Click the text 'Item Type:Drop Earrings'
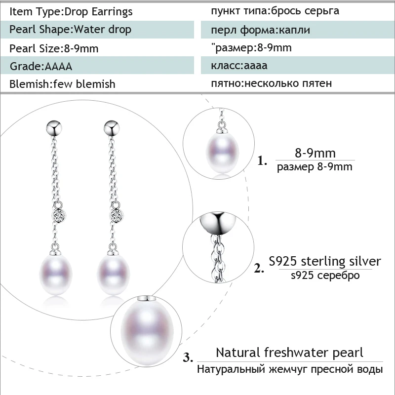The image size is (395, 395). pos(71,11)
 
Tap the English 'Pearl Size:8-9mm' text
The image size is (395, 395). pos(54,48)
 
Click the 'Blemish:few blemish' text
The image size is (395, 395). pos(62,84)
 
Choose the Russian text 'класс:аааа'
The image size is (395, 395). pos(239,66)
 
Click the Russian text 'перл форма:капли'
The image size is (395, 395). pos(261,30)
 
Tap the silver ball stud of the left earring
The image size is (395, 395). pos(54,128)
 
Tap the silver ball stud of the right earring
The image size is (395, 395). pos(112,128)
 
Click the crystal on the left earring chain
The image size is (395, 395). pos(59,215)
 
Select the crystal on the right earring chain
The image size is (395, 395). pos(117,215)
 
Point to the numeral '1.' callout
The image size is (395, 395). pos(262,160)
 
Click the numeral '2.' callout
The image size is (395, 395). pos(259,268)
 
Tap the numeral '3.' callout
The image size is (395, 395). pos(188,357)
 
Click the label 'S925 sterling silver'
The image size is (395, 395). pos(325,261)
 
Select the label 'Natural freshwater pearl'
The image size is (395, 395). pos(289,353)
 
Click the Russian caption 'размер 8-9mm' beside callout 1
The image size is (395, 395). pos(315,167)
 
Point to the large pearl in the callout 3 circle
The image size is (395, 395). pos(147,332)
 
